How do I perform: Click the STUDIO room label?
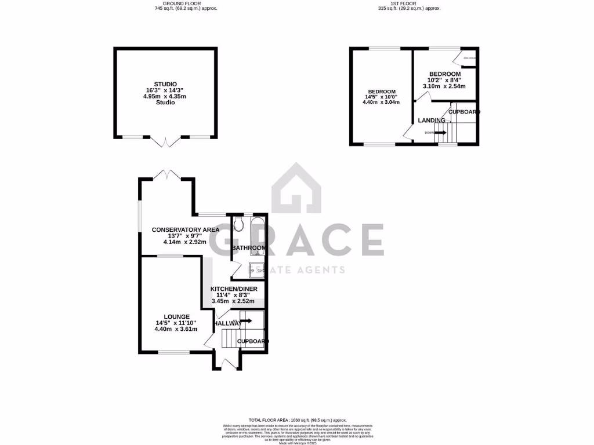pos(166,84)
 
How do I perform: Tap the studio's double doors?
pos(165,141)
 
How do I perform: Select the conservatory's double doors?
pos(166,174)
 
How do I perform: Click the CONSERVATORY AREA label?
pos(186,230)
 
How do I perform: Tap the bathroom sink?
pos(256,269)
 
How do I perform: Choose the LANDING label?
pos(432,121)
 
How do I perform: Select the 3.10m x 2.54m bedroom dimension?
pos(444,86)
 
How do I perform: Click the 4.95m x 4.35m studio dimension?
pos(166,96)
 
